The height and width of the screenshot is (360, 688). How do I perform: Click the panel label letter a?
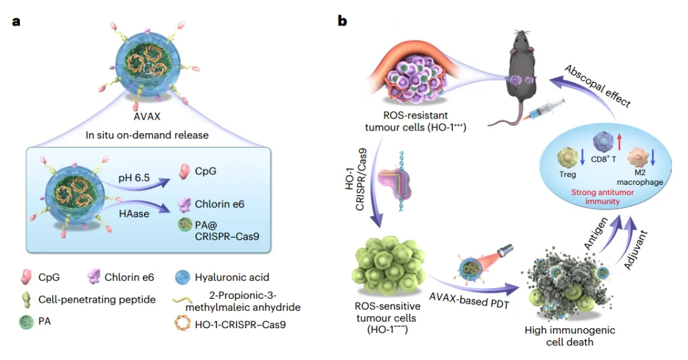pos(16,21)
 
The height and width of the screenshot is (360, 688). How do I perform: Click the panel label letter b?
pos(342,21)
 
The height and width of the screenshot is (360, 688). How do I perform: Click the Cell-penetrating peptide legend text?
pos(97,299)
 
